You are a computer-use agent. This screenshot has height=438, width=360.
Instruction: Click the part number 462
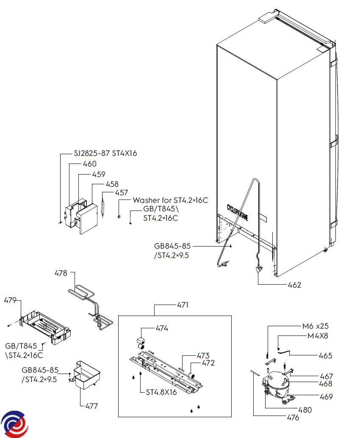click(x=294, y=285)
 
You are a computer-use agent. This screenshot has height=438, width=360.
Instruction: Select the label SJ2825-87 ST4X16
click(x=105, y=153)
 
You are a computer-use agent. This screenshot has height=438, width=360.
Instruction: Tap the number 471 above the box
click(x=183, y=305)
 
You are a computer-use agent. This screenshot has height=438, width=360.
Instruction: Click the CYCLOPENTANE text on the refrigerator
click(x=238, y=213)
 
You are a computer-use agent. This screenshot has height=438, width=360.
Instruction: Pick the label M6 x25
click(x=315, y=326)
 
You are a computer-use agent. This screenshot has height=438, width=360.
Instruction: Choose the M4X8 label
click(x=318, y=336)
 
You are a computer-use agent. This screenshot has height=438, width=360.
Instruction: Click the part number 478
click(x=61, y=273)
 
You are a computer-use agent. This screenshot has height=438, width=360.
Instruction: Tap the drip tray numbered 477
click(x=86, y=375)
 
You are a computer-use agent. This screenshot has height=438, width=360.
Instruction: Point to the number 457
click(x=122, y=192)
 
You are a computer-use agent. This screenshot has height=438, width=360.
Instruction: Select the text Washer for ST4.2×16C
click(x=170, y=200)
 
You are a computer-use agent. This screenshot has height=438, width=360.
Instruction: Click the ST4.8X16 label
click(x=161, y=392)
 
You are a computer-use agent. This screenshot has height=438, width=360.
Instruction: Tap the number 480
click(x=305, y=410)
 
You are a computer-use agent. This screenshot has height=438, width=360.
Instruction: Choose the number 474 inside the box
click(x=162, y=328)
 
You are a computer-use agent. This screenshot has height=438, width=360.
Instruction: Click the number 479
click(x=10, y=301)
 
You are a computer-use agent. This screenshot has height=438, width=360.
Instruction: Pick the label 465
click(x=325, y=355)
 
